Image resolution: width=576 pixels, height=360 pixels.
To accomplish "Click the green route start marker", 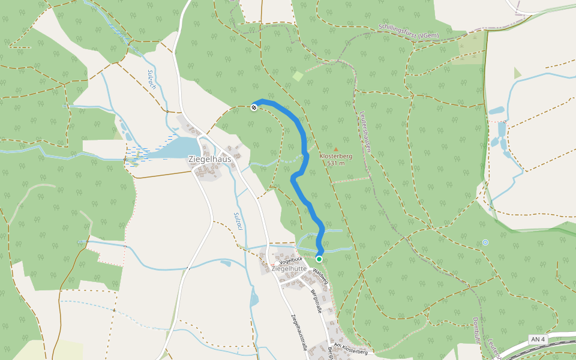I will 319,259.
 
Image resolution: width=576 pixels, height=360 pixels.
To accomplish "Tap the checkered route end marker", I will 254,107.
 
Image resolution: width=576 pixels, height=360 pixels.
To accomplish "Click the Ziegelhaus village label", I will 210,159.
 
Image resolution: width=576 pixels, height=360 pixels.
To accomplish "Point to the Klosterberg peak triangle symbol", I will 336,149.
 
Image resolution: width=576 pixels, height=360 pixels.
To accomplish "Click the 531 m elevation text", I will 336,163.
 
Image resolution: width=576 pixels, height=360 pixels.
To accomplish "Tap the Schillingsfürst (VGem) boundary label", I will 409,31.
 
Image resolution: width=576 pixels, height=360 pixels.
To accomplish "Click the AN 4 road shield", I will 538,340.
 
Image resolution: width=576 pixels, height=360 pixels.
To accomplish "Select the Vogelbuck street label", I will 289,260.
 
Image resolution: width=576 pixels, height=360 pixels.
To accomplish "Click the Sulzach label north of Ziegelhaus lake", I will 152,80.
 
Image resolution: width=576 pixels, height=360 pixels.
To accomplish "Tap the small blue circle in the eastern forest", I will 485,242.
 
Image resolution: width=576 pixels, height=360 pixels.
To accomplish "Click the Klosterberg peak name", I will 336,156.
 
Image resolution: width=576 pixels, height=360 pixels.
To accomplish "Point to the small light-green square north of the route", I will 298,76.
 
